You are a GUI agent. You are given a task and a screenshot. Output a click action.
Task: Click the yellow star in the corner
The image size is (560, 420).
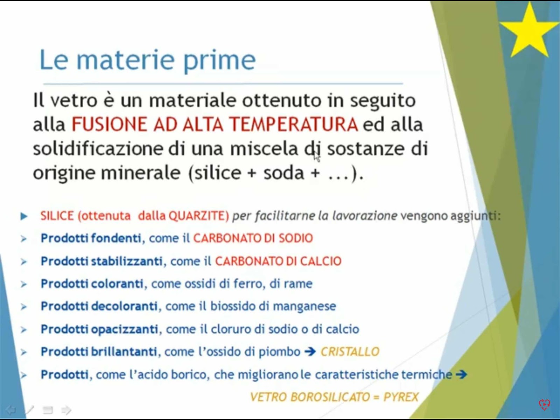529,32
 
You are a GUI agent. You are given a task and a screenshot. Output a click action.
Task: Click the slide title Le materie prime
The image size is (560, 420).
148,60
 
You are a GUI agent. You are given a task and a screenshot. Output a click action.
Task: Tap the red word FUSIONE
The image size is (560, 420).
110,125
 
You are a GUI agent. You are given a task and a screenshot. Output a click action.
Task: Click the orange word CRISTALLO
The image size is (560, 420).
350,352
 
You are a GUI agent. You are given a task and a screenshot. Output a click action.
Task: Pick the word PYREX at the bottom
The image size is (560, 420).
401,397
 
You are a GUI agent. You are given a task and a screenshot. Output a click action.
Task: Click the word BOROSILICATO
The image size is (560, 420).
330,397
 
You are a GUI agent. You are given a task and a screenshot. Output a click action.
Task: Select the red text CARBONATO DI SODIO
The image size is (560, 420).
253,238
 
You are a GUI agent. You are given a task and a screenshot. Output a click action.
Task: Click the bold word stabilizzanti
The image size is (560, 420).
127,261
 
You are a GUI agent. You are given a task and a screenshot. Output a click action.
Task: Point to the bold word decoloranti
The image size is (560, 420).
125,306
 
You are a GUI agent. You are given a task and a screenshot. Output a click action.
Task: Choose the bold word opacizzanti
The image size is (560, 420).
125,329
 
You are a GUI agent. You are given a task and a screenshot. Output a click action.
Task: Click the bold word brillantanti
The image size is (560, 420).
124,352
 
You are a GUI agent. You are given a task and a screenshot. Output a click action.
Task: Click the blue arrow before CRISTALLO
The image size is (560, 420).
310,352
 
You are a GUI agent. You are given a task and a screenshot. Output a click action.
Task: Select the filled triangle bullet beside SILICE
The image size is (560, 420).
24,216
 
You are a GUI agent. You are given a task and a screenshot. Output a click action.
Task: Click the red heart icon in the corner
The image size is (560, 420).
544,404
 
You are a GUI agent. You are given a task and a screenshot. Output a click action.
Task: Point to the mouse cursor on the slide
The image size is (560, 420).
317,156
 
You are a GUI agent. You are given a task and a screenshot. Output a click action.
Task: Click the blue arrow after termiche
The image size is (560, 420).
462,374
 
